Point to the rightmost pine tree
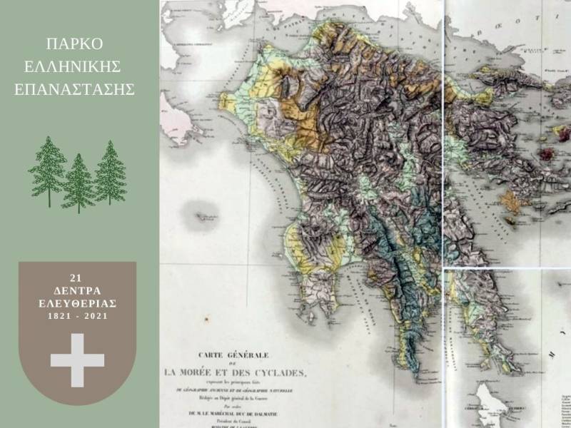pos(110,172)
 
